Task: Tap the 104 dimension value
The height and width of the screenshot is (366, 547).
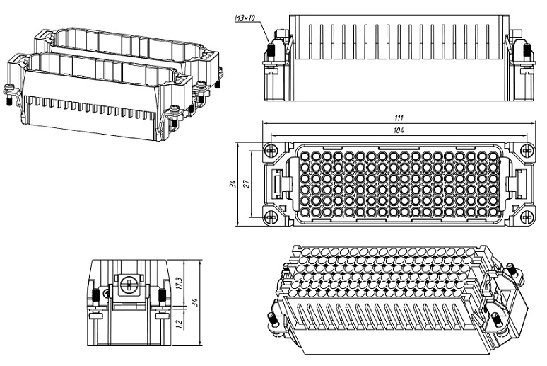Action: click(400, 132)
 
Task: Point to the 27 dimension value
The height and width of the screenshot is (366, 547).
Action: click(247, 183)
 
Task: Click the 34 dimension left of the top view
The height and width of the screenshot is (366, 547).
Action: click(233, 183)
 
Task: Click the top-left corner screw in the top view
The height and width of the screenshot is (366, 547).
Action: click(271, 150)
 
